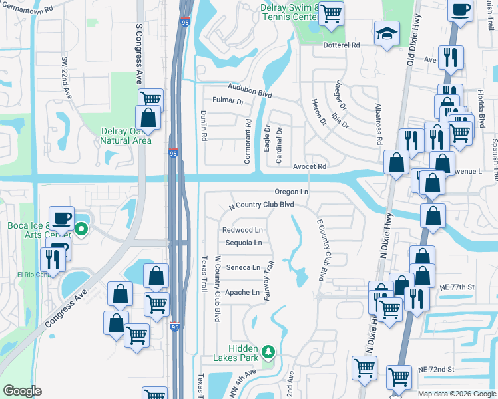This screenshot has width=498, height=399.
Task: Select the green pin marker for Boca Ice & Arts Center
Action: coord(81,231)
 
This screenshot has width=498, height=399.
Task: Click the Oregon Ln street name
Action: coord(291,192)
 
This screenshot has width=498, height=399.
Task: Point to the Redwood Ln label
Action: coord(242,230)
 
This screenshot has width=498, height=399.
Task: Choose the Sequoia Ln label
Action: coord(243,243)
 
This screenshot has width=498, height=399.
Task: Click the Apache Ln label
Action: coord(242,292)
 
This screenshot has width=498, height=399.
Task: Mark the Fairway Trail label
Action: coord(269,280)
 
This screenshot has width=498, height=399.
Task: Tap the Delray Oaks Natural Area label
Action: coord(126,136)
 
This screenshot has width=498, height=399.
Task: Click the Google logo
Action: coord(23,391)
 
